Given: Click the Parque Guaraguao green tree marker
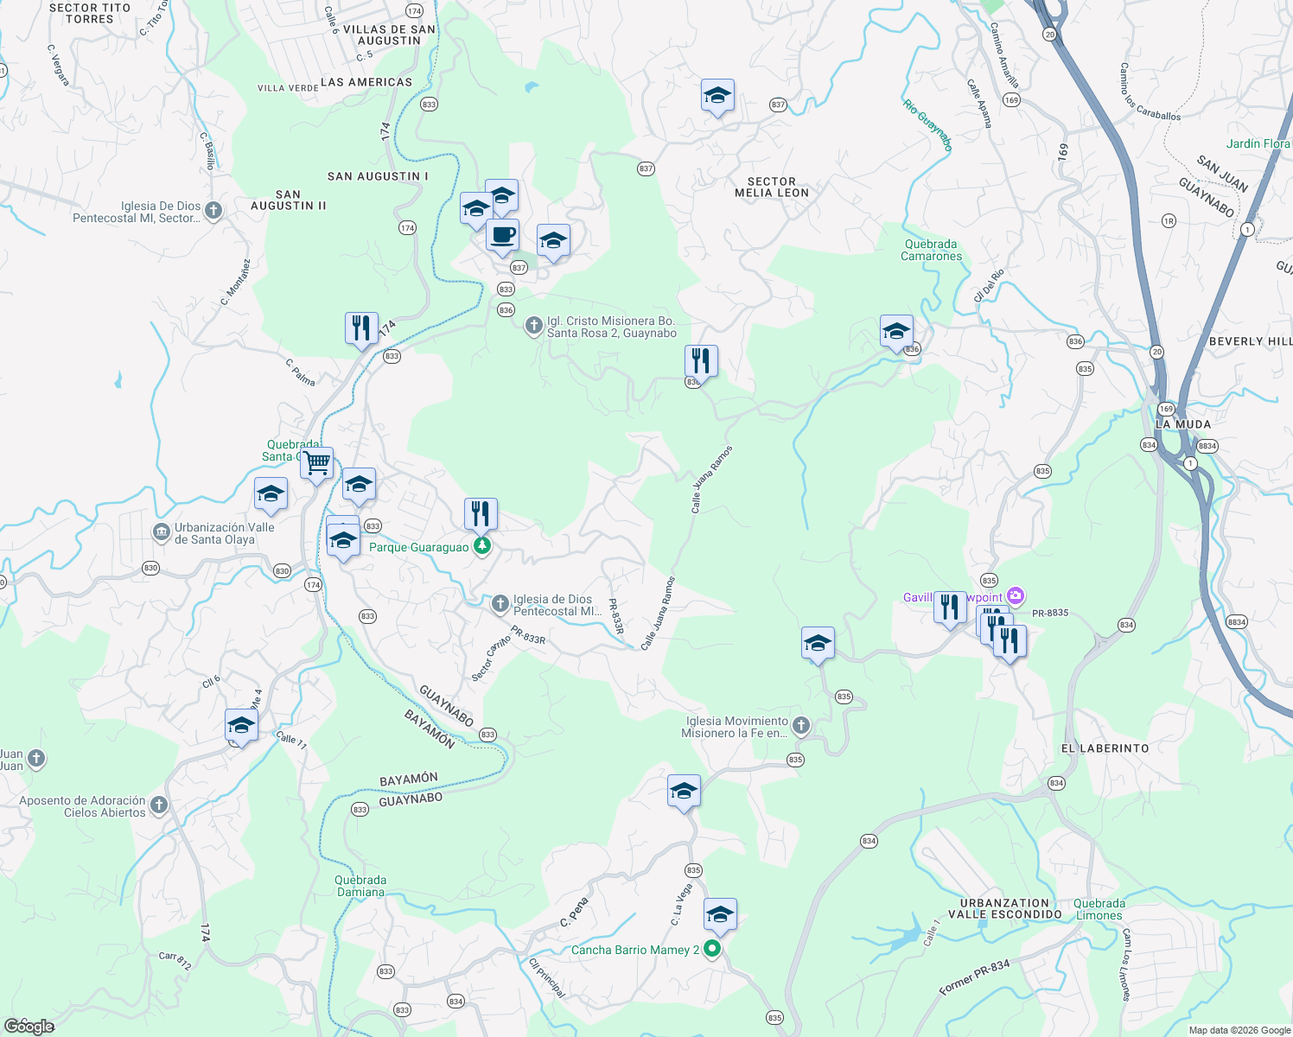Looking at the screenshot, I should coord(482,546).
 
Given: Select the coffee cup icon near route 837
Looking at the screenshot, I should coord(502,235).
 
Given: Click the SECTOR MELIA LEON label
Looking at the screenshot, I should coord(772,188).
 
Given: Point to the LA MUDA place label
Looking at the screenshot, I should coord(1183,424).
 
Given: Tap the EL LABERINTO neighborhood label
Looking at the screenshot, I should coord(1105,748).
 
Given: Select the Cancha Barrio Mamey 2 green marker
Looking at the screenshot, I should coord(712,950).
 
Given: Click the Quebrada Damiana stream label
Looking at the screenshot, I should coord(360,886).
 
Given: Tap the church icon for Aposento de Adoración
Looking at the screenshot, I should coord(158,805).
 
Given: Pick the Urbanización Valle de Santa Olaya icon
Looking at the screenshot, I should coord(161,532).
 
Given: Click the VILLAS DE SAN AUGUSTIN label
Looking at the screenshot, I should coord(389,35).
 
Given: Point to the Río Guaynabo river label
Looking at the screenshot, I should coord(927,125).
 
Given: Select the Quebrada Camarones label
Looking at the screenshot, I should coord(931,250).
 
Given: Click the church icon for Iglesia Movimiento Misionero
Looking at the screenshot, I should coord(800,726).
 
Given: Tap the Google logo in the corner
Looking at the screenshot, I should coord(29,1026).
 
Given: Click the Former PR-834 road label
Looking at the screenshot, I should coord(974,977).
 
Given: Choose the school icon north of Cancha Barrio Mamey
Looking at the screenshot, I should coord(719,914).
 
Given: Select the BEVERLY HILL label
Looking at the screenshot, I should coord(1250,341).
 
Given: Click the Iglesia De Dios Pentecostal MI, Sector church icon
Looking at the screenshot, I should coord(213,210).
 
